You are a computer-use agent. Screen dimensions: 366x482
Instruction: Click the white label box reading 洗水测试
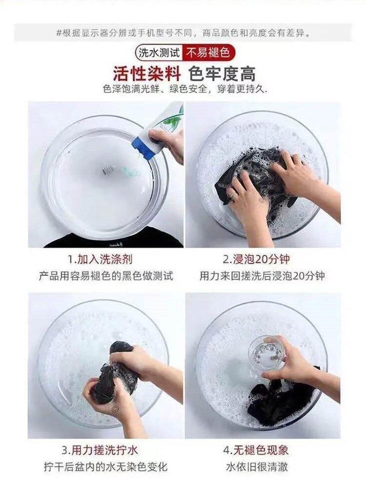pos(159,53)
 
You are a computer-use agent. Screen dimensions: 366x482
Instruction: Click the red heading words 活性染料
pos(147,74)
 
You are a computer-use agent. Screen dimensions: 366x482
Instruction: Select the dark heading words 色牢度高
pos(222,74)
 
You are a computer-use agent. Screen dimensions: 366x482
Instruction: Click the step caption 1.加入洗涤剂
pos(100,259)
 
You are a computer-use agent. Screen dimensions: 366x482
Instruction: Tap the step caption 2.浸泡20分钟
pos(257,259)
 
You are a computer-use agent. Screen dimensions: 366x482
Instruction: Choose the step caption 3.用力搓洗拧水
pos(100,451)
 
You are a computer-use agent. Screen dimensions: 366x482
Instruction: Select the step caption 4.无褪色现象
pos(256,451)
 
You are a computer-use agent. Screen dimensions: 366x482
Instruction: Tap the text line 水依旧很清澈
pos(257,467)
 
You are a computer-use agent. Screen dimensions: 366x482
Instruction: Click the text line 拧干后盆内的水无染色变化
pos(105,467)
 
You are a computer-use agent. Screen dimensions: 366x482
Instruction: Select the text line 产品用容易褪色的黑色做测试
pos(106,276)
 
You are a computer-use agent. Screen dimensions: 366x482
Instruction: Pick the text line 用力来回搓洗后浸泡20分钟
pos(262,276)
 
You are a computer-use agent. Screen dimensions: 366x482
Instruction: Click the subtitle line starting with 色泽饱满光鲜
pos(184,89)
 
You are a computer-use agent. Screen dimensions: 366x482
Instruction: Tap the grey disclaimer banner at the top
pos(183,32)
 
